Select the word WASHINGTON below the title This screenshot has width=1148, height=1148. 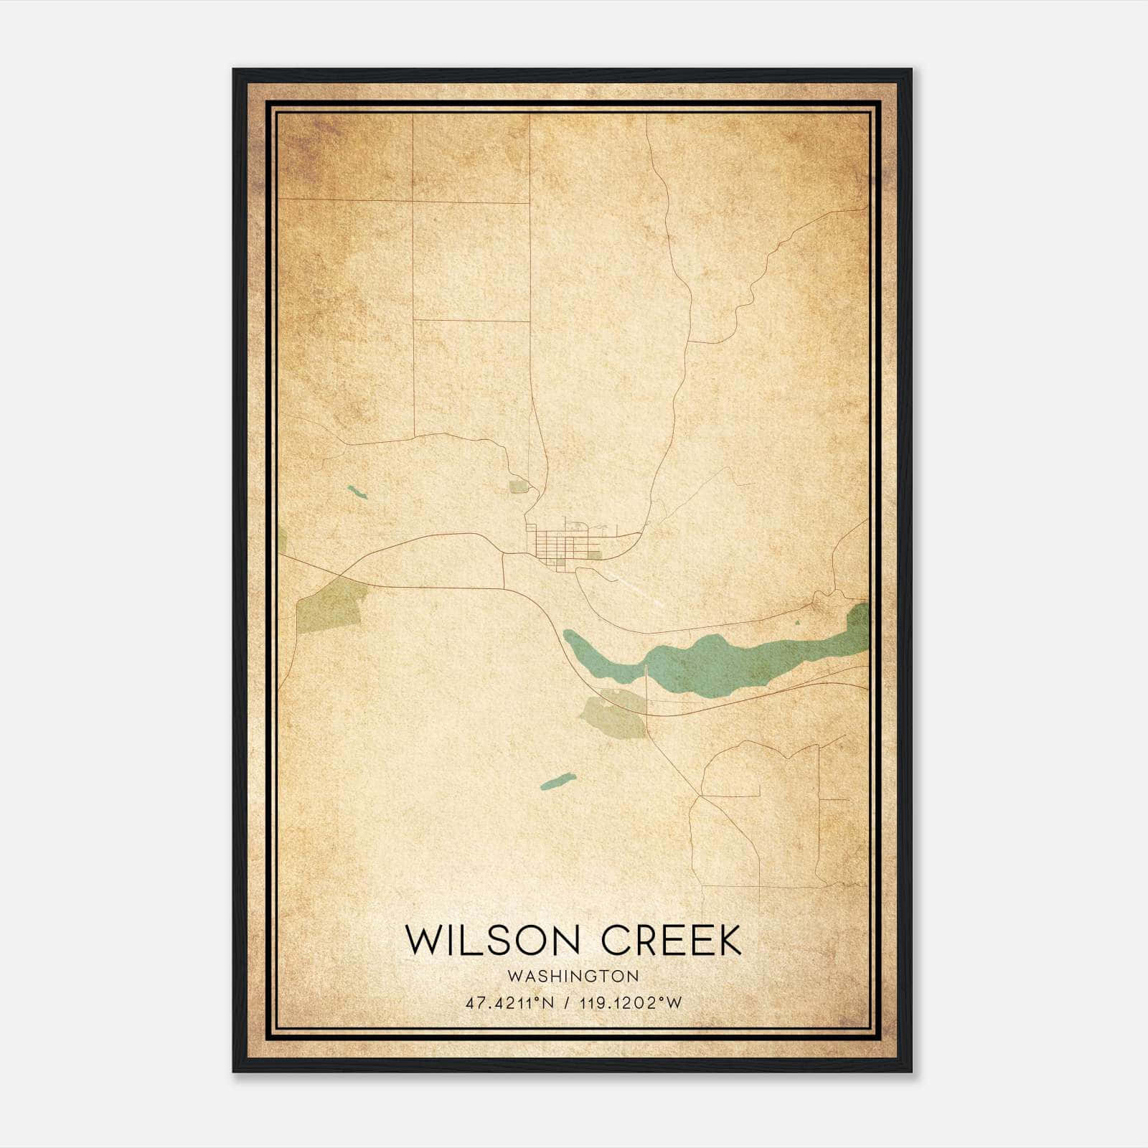point(573,977)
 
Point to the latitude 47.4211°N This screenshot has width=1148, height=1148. point(509,1003)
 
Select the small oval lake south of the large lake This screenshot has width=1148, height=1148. point(557,781)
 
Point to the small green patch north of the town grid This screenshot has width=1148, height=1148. point(518,487)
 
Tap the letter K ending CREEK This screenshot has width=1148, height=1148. point(727,940)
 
